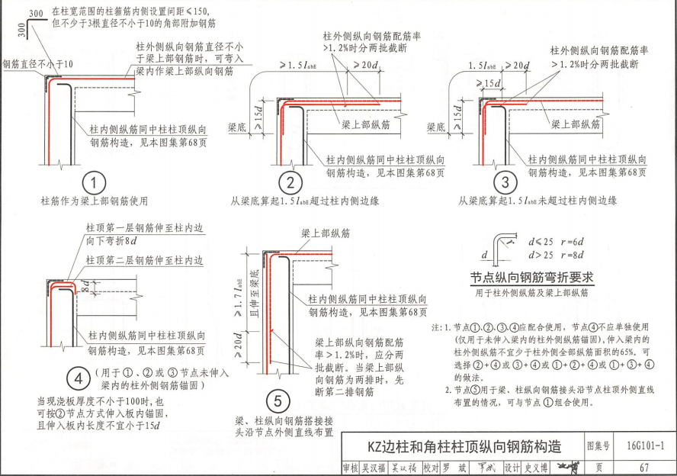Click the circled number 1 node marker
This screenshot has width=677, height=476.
(94, 184)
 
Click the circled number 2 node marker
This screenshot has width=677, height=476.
(290, 184)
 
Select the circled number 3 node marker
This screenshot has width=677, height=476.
(505, 184)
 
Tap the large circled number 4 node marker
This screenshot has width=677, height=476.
(78, 378)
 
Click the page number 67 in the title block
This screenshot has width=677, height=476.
(643, 467)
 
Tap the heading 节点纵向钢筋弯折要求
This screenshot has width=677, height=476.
(531, 278)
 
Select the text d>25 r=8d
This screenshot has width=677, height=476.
(556, 255)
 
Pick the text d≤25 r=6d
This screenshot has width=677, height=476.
(556, 242)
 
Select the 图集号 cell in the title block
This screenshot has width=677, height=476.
(597, 445)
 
